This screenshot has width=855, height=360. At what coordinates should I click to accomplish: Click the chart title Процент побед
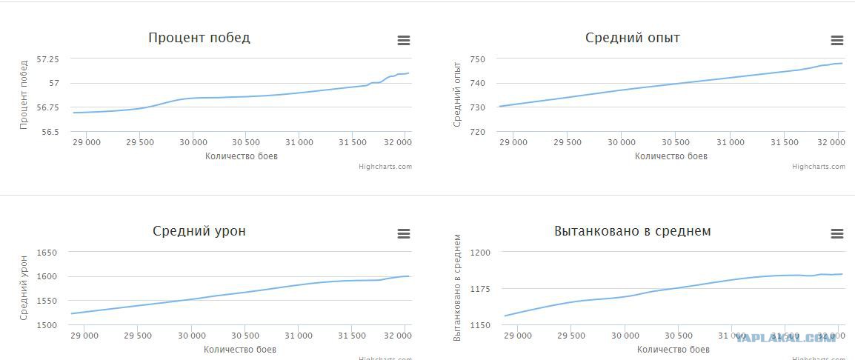pyautogui.click(x=199, y=38)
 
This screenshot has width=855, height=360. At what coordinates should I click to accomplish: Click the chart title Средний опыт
pyautogui.click(x=633, y=38)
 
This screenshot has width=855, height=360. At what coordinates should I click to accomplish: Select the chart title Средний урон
pyautogui.click(x=199, y=231)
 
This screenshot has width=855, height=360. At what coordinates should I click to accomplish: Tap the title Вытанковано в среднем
pyautogui.click(x=633, y=231)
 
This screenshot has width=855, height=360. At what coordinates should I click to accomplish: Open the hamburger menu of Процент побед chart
pyautogui.click(x=404, y=41)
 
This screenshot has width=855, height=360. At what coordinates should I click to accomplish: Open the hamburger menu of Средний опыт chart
pyautogui.click(x=837, y=41)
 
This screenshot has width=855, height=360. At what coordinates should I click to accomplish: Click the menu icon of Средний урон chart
pyautogui.click(x=404, y=234)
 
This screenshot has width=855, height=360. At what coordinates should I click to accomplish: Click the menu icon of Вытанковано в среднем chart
pyautogui.click(x=837, y=234)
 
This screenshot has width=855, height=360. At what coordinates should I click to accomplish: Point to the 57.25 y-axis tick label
pyautogui.click(x=53, y=59)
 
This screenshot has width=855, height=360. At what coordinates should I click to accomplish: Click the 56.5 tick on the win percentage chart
pyautogui.click(x=55, y=132)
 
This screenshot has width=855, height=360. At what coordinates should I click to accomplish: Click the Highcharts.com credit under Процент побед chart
pyautogui.click(x=385, y=167)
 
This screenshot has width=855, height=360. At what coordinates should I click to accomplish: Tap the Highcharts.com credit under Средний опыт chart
pyautogui.click(x=819, y=167)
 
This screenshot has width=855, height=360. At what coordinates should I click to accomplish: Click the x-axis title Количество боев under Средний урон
pyautogui.click(x=241, y=349)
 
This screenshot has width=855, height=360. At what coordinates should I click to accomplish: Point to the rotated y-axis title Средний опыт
pyautogui.click(x=457, y=95)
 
